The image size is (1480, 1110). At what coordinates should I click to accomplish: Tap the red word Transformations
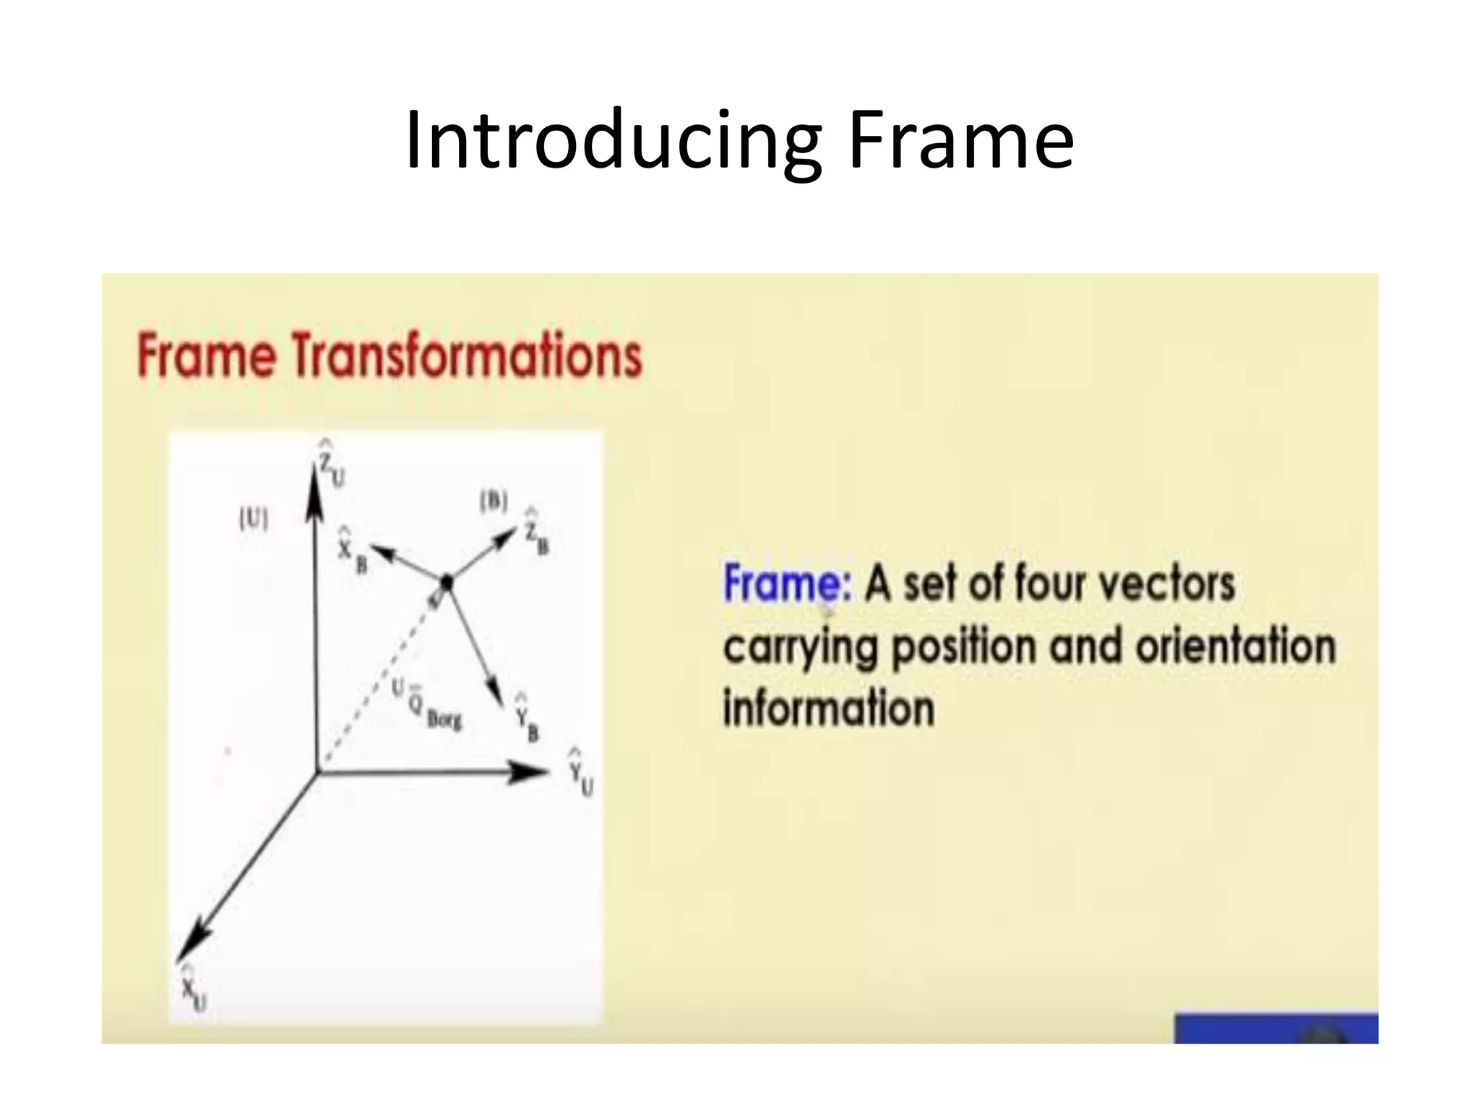[468, 356]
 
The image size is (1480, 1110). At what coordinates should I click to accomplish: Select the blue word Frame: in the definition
[786, 584]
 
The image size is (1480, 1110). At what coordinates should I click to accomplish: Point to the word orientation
[1234, 645]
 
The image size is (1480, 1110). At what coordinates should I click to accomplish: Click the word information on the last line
[828, 707]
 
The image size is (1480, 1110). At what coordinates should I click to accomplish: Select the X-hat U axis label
[193, 987]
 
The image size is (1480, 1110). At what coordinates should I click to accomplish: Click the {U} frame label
[253, 519]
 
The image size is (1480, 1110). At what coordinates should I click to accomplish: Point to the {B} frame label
[494, 501]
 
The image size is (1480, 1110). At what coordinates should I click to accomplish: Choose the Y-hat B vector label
[527, 718]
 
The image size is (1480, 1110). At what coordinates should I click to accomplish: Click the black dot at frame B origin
[447, 581]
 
